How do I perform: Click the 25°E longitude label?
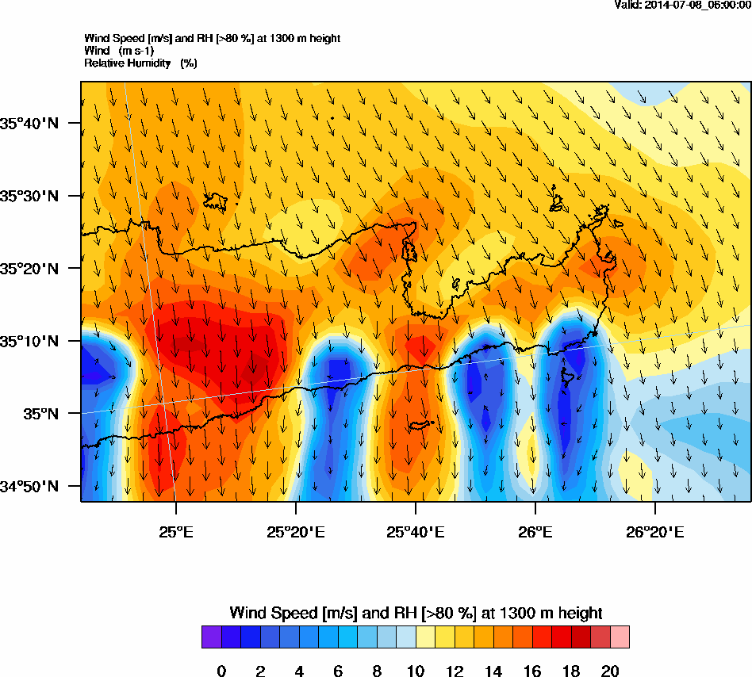coord(175,530)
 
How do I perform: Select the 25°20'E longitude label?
coord(295,530)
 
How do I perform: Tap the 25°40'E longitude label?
coord(415,530)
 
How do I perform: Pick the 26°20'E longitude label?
coord(654,530)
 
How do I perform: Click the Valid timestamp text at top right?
coord(683,5)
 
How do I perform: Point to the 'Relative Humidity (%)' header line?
coord(140,63)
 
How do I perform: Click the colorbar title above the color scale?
coord(416,613)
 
